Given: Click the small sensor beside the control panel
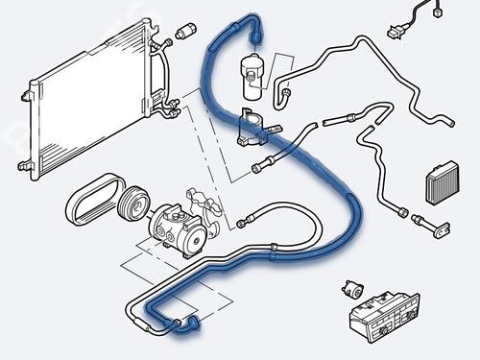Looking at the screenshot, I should coord(352,287).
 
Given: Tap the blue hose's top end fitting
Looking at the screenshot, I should coord(256,34).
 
